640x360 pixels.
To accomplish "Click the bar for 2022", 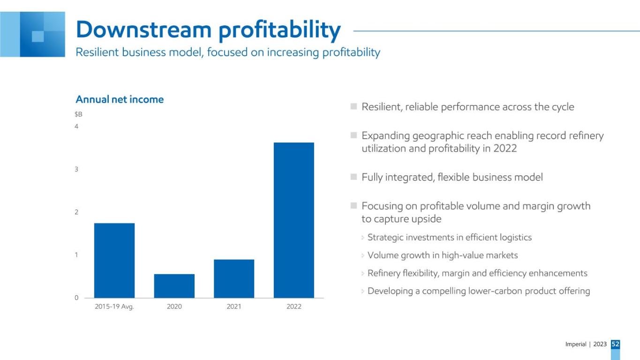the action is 294,220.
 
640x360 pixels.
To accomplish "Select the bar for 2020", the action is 174,286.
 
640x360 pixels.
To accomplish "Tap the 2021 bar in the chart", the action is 234,278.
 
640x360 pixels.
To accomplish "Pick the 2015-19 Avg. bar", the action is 114,261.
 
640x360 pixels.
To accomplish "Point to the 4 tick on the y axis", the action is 76,126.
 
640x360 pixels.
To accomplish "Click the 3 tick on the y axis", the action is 76,169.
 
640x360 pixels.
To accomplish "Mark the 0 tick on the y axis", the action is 76,298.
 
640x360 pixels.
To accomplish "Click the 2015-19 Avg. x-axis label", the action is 114,307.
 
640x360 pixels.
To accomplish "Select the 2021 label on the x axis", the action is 234,307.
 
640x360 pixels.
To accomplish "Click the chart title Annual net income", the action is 120,99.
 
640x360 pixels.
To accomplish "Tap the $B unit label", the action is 78,114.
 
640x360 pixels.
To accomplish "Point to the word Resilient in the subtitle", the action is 97,52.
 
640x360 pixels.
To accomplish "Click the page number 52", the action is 616,344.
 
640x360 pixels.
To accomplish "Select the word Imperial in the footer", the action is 576,344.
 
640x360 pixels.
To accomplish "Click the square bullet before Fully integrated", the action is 354,177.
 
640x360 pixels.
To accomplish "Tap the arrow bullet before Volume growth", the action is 362,255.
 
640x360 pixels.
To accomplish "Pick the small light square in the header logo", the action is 38,37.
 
